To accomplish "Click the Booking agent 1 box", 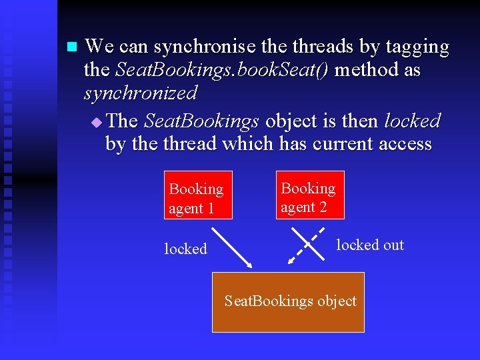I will pyautogui.click(x=198, y=198).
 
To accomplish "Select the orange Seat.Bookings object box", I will pyautogui.click(x=288, y=301).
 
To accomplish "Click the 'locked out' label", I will pyautogui.click(x=370, y=245).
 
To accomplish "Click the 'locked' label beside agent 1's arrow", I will pyautogui.click(x=185, y=249).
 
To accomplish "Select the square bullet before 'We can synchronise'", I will pyautogui.click(x=72, y=47).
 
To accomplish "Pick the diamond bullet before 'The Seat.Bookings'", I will pyautogui.click(x=97, y=122).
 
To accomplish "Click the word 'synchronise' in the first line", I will pyautogui.click(x=205, y=47).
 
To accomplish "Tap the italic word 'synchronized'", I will pyautogui.click(x=141, y=92).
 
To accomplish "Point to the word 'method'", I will pyautogui.click(x=366, y=69).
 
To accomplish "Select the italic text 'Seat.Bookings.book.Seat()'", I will pyautogui.click(x=222, y=69).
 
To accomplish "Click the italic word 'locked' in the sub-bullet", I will pyautogui.click(x=412, y=121).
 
